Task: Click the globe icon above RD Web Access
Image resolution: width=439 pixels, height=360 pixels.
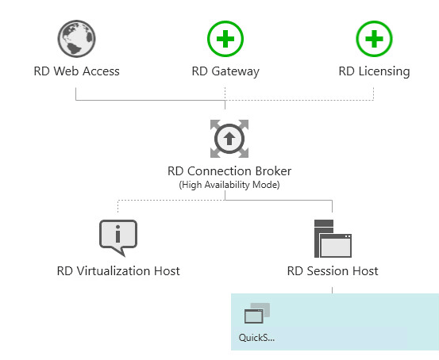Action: click(77, 37)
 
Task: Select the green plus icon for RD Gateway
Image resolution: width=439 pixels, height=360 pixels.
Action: click(225, 37)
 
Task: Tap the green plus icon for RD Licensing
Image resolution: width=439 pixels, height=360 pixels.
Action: click(373, 37)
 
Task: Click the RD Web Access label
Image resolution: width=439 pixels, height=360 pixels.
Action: click(77, 71)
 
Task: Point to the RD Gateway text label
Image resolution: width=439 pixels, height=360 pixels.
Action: click(225, 71)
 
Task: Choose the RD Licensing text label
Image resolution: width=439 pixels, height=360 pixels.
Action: click(374, 71)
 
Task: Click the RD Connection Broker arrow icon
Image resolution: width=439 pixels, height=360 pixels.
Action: click(229, 138)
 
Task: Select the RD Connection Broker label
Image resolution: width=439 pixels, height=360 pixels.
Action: click(229, 170)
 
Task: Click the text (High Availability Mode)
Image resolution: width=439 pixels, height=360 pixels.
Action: click(229, 184)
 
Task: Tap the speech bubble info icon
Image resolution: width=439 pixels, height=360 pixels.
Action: click(117, 236)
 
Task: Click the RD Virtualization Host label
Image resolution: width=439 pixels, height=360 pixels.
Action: click(118, 271)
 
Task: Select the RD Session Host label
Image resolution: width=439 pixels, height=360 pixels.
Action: click(332, 271)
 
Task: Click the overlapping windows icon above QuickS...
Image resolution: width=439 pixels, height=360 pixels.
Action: click(256, 313)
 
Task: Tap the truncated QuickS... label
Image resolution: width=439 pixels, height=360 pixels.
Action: click(256, 337)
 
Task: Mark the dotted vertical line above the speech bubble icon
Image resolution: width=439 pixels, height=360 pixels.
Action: click(117, 208)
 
